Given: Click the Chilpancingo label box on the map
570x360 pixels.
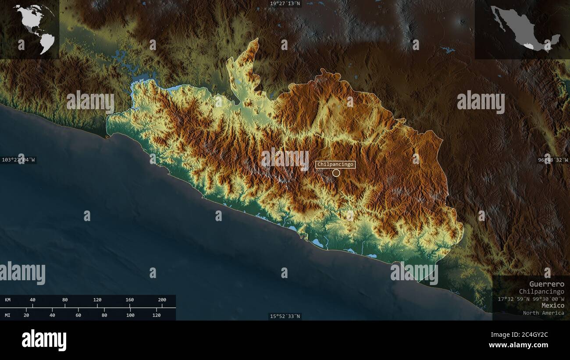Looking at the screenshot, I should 335,165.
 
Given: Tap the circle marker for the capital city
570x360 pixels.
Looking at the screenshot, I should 336,173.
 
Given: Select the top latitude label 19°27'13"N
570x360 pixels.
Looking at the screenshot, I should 285,4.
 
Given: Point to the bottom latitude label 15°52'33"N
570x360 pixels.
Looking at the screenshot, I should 285,316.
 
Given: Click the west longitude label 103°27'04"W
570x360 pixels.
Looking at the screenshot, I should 18,160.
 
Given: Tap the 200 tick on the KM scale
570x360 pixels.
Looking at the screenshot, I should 162,300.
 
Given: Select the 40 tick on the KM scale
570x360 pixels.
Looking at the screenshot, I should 32,300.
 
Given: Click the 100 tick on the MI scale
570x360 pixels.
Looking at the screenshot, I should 130,315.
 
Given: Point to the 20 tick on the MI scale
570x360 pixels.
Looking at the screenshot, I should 26,315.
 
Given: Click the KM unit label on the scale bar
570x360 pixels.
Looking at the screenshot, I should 8,300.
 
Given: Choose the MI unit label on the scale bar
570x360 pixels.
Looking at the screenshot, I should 8,315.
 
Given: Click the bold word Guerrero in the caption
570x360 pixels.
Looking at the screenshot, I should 546,284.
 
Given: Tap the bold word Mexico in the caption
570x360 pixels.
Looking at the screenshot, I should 552,305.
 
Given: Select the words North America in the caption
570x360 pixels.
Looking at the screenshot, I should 543,313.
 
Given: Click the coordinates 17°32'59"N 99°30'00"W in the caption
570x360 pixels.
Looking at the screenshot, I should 531,299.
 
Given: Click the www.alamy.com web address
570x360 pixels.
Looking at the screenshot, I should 518,345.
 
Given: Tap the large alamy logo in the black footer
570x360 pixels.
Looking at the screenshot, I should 44,340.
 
